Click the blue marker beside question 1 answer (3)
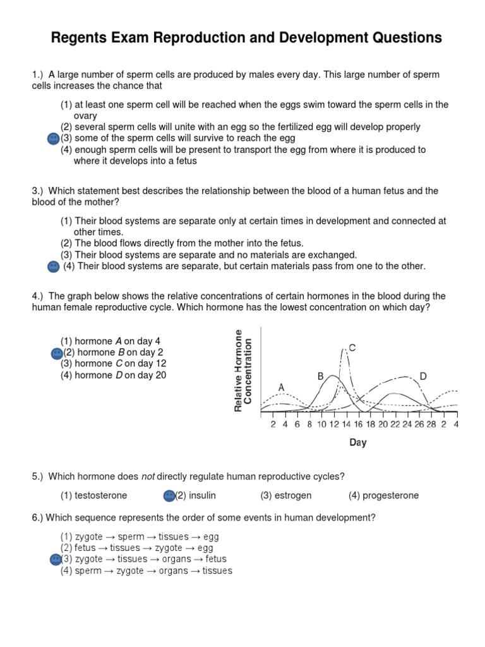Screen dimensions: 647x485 point(54,138)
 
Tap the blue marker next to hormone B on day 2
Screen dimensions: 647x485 point(56,352)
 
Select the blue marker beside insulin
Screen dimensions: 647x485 point(169,495)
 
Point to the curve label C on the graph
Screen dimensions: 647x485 point(352,348)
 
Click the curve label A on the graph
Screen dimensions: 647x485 point(281,387)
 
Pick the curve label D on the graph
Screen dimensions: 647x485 point(423,376)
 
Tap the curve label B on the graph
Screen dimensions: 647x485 point(321,376)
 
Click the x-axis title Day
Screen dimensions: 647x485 point(358,443)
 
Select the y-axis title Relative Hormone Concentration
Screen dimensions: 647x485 point(243,370)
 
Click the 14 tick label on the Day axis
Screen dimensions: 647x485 point(346,425)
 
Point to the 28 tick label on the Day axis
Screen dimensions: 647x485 point(431,425)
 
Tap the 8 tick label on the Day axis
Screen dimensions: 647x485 point(309,425)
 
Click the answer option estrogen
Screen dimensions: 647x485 point(286,495)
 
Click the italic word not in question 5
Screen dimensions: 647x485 point(148,476)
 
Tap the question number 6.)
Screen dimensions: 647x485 point(37,517)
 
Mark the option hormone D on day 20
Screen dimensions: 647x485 point(114,375)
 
